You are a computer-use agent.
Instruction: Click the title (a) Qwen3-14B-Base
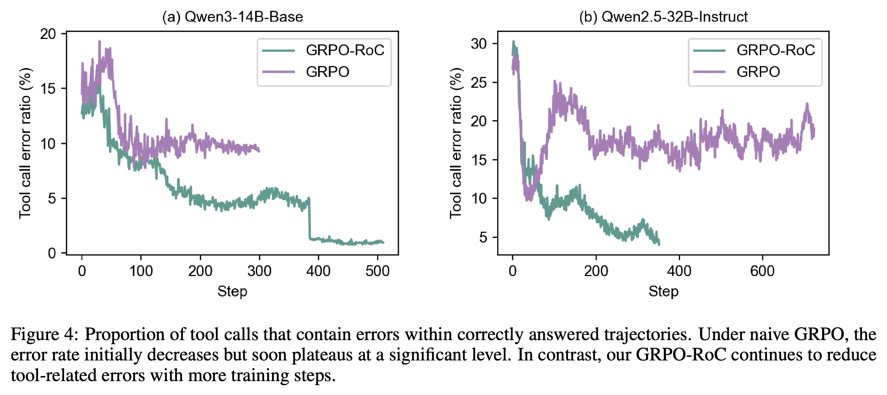pyautogui.click(x=233, y=17)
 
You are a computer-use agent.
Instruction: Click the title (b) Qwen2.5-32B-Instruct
pyautogui.click(x=663, y=17)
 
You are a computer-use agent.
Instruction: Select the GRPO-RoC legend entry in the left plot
pyautogui.click(x=323, y=50)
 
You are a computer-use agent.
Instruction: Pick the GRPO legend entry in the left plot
pyautogui.click(x=306, y=72)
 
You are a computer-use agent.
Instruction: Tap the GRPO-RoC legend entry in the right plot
pyautogui.click(x=754, y=50)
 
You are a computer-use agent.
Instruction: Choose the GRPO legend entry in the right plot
pyautogui.click(x=736, y=72)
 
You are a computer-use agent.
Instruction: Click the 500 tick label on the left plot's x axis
pyautogui.click(x=378, y=271)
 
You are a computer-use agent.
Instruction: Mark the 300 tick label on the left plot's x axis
pyautogui.click(x=259, y=271)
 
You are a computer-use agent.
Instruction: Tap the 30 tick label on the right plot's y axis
pyautogui.click(x=479, y=44)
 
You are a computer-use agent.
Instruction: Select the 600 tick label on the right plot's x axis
pyautogui.click(x=763, y=271)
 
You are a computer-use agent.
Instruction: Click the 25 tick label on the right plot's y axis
pyautogui.click(x=479, y=83)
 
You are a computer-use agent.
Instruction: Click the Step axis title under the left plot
pyautogui.click(x=232, y=292)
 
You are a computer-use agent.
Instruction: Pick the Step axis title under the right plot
pyautogui.click(x=663, y=292)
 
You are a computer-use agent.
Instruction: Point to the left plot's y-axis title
pyautogui.click(x=25, y=143)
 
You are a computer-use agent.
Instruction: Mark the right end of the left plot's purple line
pyautogui.click(x=259, y=151)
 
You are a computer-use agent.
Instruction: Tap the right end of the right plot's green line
pyautogui.click(x=659, y=244)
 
